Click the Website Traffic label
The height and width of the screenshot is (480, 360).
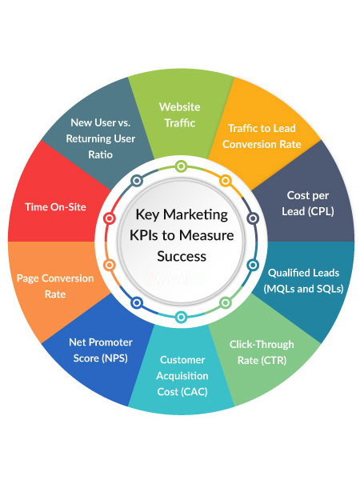point(180,114)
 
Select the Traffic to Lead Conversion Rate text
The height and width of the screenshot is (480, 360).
point(262,136)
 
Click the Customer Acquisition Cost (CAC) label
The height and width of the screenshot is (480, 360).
point(183,375)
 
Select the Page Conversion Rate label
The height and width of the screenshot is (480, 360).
point(55,286)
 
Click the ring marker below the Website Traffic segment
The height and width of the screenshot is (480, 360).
point(182,166)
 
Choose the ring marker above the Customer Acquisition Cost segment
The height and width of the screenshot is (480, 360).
point(182,315)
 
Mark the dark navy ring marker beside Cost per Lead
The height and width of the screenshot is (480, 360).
point(254,217)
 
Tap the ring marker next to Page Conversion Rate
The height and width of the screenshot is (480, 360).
point(109,264)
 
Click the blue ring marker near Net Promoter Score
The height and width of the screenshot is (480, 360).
point(137,302)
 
